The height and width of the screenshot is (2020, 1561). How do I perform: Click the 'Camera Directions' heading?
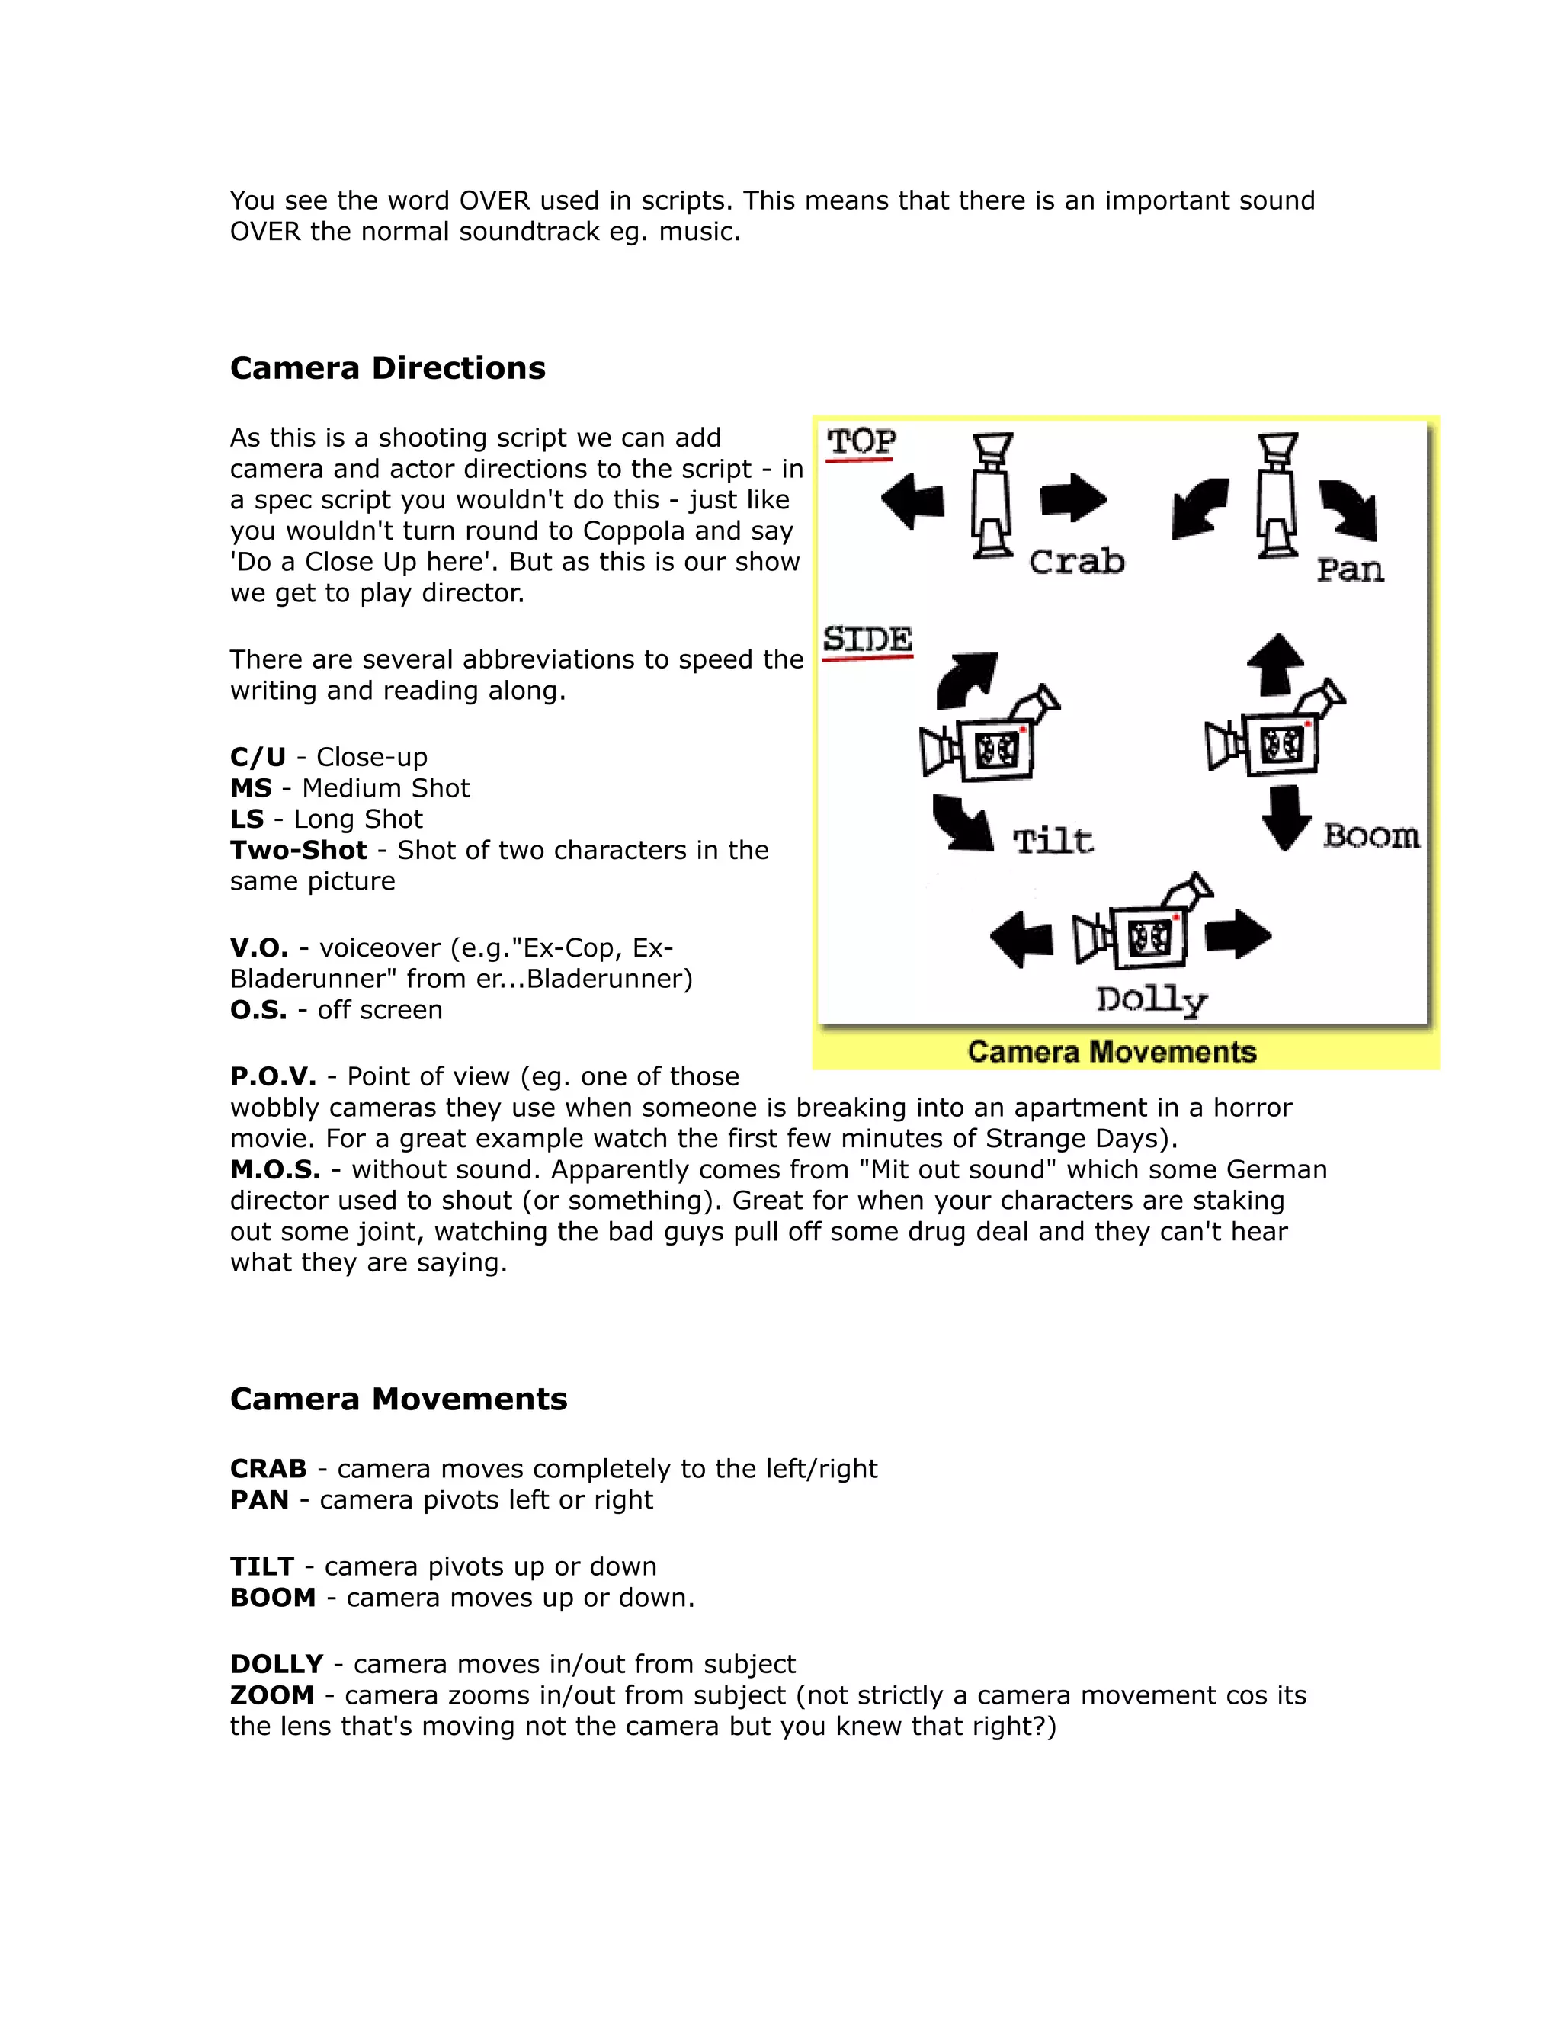387,368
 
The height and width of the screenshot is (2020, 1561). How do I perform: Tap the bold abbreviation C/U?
258,758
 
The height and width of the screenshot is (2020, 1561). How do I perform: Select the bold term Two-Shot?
298,850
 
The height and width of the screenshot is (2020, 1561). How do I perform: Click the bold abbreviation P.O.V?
273,1076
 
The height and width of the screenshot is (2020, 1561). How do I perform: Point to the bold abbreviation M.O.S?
274,1170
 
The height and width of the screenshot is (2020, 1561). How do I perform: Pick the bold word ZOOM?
272,1695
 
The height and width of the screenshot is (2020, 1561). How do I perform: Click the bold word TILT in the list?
261,1566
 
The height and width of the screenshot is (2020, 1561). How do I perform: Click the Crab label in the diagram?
1076,562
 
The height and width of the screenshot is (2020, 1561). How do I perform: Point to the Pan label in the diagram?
1350,569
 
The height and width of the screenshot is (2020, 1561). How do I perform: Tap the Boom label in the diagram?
1370,836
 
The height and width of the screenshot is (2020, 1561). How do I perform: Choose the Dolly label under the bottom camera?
1152,1001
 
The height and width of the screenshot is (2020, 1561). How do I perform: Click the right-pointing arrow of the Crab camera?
1072,499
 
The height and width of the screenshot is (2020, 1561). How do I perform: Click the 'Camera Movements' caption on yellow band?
1111,1053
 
